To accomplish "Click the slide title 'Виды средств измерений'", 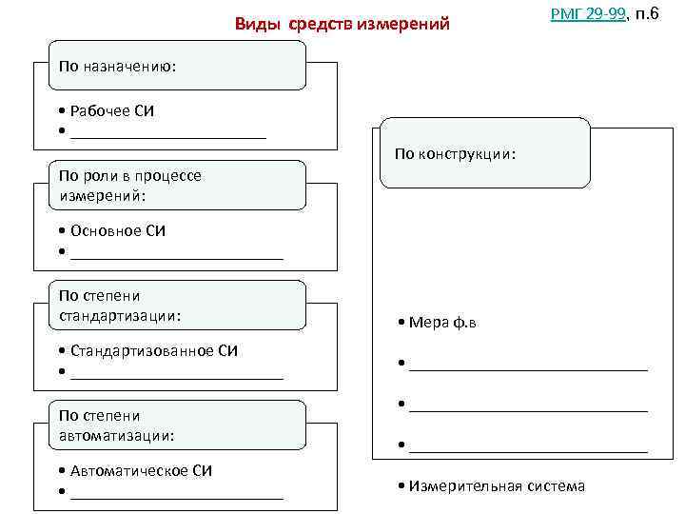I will pos(342,23).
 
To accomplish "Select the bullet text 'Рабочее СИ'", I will pos(111,111).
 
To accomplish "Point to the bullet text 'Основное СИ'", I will pos(117,231).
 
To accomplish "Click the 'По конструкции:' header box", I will pos(485,153).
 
